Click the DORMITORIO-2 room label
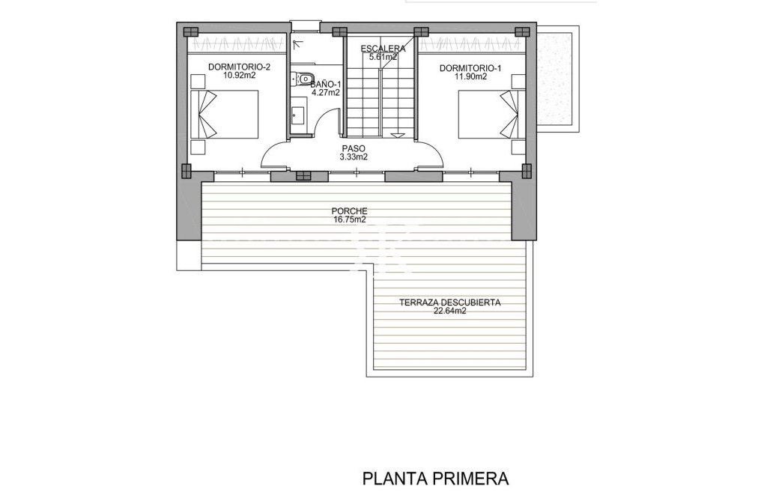pyautogui.click(x=239, y=67)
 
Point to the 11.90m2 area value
pyautogui.click(x=470, y=76)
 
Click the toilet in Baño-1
pyautogui.click(x=304, y=78)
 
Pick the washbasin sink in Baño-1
pyautogui.click(x=298, y=115)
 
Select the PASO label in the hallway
pyautogui.click(x=353, y=148)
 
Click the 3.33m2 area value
pyautogui.click(x=353, y=157)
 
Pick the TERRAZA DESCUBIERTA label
pyautogui.click(x=449, y=303)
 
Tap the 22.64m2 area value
pyautogui.click(x=449, y=313)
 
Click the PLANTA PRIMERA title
pyautogui.click(x=435, y=477)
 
